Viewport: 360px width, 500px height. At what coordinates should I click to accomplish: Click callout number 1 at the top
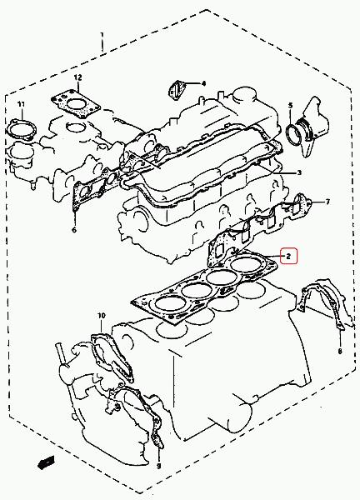pyautogui.click(x=102, y=35)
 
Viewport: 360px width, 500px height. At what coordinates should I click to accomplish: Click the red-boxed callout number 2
pyautogui.click(x=288, y=256)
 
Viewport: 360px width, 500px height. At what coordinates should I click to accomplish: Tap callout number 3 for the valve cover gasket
pyautogui.click(x=299, y=172)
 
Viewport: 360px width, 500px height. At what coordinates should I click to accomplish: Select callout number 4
pyautogui.click(x=203, y=83)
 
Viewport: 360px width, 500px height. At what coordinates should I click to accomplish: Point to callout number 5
pyautogui.click(x=290, y=105)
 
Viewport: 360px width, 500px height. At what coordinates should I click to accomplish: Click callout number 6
pyautogui.click(x=74, y=229)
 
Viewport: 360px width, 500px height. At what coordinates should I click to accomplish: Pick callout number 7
pyautogui.click(x=327, y=202)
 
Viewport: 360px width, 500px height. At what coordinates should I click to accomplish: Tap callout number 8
pyautogui.click(x=340, y=351)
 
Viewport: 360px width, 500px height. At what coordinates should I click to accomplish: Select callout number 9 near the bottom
pyautogui.click(x=158, y=466)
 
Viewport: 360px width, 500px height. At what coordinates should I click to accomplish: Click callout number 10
pyautogui.click(x=101, y=316)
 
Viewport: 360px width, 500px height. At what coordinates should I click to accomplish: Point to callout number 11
pyautogui.click(x=21, y=104)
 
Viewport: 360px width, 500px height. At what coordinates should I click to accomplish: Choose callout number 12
pyautogui.click(x=77, y=77)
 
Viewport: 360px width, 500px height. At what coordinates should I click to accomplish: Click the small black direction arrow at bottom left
pyautogui.click(x=46, y=462)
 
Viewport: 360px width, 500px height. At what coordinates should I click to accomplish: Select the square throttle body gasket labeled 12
pyautogui.click(x=76, y=105)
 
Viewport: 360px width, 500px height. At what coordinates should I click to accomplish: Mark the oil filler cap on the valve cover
pyautogui.click(x=245, y=95)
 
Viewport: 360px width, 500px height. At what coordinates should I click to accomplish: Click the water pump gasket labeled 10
pyautogui.click(x=112, y=357)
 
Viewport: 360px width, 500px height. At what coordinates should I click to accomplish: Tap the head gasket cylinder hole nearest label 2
pyautogui.click(x=247, y=265)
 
